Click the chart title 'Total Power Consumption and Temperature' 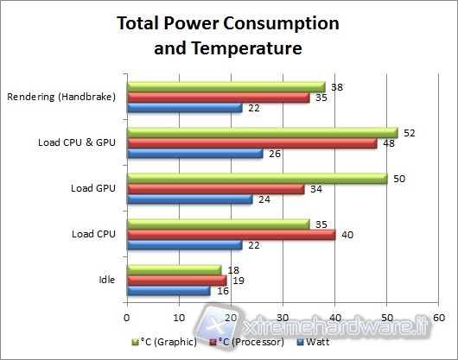point(227,35)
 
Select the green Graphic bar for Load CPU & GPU point(262,132)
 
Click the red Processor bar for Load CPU point(231,234)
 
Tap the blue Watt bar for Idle point(169,291)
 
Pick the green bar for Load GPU point(257,177)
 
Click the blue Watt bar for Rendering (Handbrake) point(184,108)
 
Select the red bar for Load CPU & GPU point(251,143)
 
